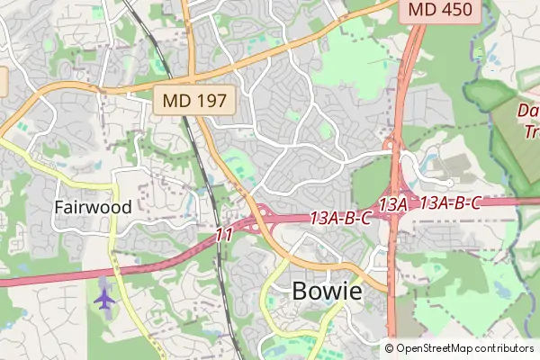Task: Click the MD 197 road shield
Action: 194,100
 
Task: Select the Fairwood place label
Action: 93,207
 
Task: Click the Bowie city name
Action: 327,292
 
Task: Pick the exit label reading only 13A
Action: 392,204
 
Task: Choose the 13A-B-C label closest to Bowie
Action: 341,217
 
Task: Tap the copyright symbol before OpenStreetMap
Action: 389,347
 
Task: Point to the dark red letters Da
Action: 528,111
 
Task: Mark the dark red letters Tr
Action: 532,131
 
